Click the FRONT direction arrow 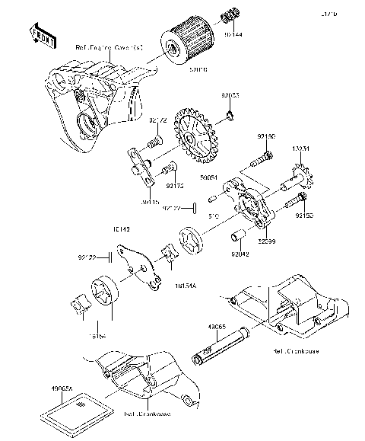point(42,33)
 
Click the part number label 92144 point(235,35)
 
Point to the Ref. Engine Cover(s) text point(109,47)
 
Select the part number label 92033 point(231,96)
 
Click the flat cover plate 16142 point(144,268)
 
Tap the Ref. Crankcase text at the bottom point(148,415)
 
